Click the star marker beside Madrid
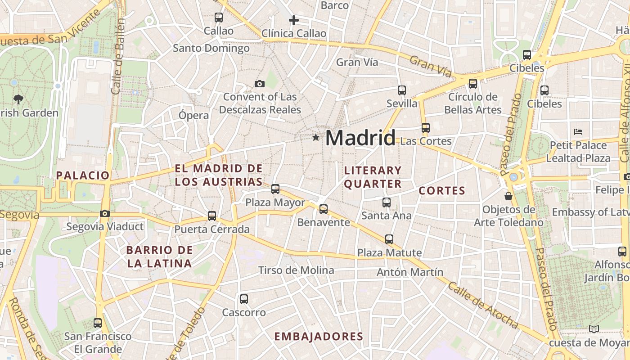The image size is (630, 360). click(x=316, y=137)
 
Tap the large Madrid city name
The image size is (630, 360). click(x=360, y=138)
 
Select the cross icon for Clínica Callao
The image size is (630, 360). click(x=294, y=20)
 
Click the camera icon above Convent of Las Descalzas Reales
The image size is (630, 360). click(x=259, y=84)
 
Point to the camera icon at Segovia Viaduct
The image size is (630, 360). click(x=105, y=213)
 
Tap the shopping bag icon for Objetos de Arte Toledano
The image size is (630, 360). click(x=508, y=196)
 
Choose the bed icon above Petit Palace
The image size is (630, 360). click(x=578, y=132)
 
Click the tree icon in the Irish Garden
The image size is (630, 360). click(x=18, y=99)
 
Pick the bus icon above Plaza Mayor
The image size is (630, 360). click(x=275, y=189)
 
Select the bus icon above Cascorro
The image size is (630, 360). click(x=244, y=299)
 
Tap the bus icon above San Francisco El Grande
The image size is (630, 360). click(x=98, y=323)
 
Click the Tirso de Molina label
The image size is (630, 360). click(x=296, y=270)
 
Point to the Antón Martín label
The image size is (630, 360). click(x=410, y=272)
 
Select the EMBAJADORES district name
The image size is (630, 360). click(x=319, y=337)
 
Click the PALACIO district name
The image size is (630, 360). click(x=83, y=175)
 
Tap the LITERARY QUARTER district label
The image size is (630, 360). click(x=373, y=177)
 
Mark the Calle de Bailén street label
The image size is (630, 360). click(x=118, y=56)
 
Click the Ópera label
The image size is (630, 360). click(x=194, y=115)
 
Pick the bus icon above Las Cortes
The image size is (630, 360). click(x=426, y=127)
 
